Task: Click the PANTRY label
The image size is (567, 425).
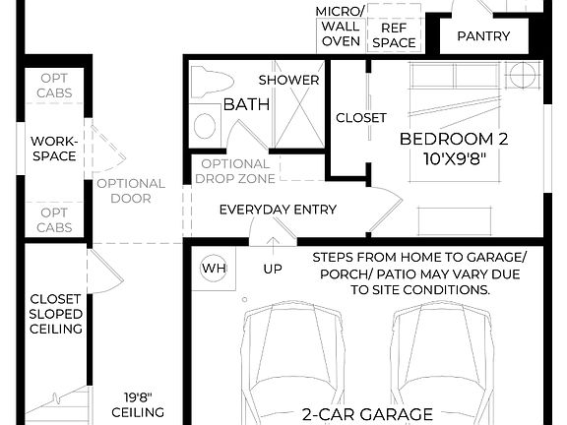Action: (484, 36)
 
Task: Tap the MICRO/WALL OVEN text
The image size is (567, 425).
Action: (340, 28)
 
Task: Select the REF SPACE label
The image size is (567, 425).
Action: (394, 36)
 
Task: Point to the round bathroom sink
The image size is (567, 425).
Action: (205, 125)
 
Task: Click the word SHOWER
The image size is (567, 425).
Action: (288, 80)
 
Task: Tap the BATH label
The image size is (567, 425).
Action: (242, 104)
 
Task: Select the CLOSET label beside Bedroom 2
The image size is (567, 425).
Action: (361, 118)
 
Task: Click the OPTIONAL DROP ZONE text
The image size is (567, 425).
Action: (234, 171)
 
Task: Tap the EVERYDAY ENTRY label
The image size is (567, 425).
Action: (278, 210)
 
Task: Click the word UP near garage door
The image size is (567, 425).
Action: (273, 268)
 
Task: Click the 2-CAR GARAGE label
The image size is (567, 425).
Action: (366, 414)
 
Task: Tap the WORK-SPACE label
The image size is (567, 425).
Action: (53, 149)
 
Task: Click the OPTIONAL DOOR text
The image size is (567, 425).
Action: (131, 191)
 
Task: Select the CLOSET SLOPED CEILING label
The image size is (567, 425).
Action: (55, 314)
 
